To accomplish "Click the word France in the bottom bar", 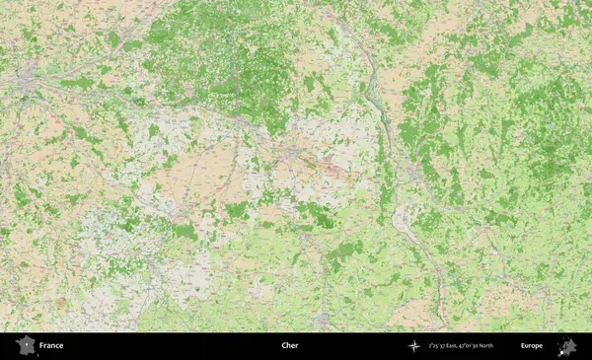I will (51, 346).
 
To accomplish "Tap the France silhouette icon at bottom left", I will (25, 346).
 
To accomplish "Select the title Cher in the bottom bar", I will (289, 346).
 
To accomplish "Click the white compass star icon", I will (415, 346).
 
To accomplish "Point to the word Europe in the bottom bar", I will (532, 346).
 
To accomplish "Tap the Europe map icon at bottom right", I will (566, 346).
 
